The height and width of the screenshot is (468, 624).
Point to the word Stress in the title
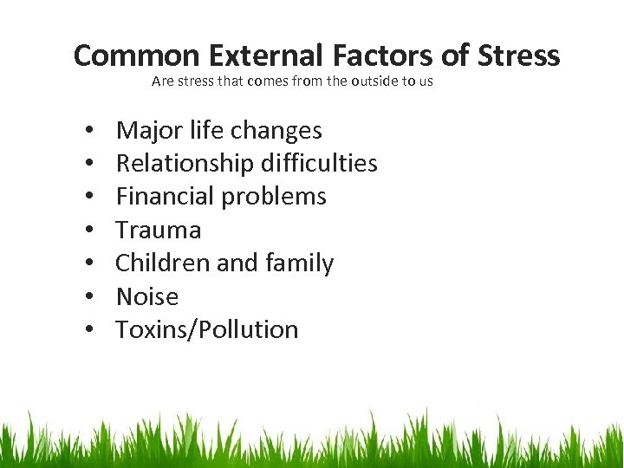(517, 55)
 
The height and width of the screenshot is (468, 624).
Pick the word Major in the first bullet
(142, 131)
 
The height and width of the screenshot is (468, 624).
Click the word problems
(275, 198)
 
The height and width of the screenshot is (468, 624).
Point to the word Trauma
(159, 231)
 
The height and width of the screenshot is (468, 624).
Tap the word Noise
(147, 297)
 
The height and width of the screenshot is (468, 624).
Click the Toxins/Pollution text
(207, 330)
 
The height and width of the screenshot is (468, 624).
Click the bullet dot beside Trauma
(91, 231)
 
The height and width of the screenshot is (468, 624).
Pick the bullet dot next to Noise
(91, 298)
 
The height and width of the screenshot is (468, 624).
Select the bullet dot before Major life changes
(91, 132)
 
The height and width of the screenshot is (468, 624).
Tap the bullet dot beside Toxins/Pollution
(91, 331)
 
